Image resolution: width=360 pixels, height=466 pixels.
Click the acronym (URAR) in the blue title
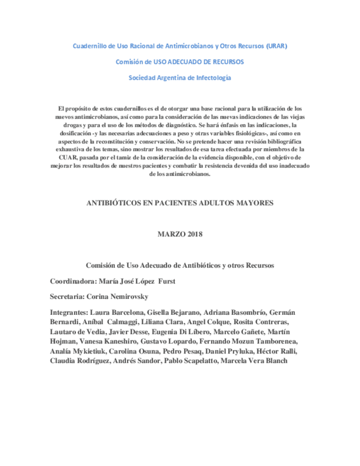(x=275, y=46)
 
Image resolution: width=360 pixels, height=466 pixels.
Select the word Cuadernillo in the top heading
(x=91, y=46)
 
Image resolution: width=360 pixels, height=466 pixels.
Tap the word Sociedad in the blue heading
(x=142, y=77)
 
